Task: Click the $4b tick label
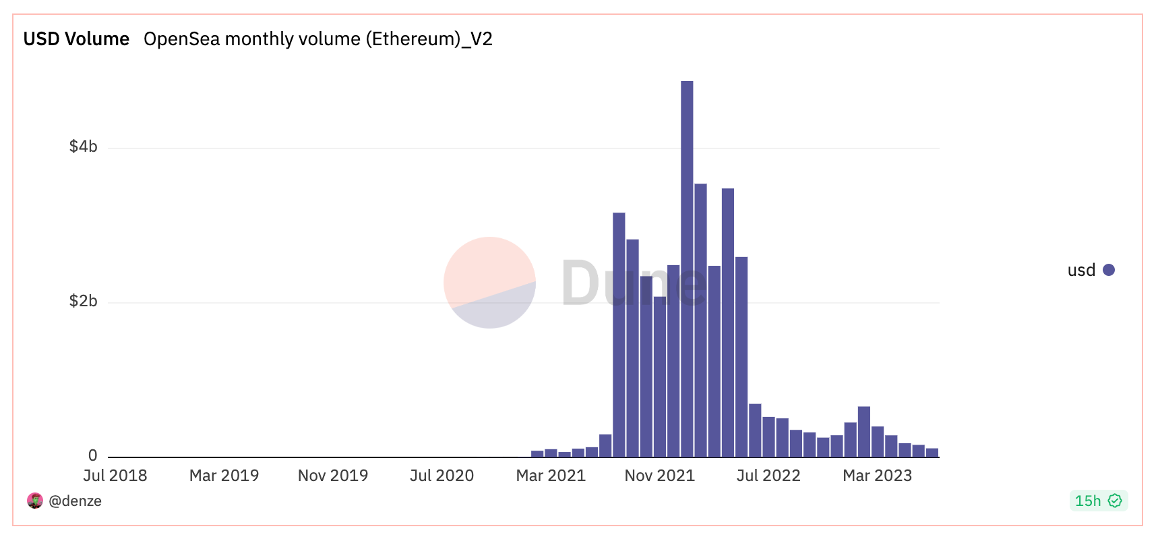[83, 146]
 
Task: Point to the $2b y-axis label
[83, 301]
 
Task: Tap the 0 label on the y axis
[92, 455]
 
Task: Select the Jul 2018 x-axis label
[115, 476]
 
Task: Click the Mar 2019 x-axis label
[224, 476]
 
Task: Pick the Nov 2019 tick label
[333, 476]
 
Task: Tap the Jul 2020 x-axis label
[442, 476]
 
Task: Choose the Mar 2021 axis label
[551, 476]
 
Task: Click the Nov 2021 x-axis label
[660, 476]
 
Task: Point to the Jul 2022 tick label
[768, 476]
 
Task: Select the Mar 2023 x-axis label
[877, 476]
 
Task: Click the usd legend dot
[1109, 270]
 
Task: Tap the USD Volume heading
[76, 39]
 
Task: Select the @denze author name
[75, 501]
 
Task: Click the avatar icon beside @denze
[35, 501]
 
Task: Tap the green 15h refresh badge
[1098, 501]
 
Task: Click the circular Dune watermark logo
[490, 283]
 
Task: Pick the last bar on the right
[932, 453]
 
